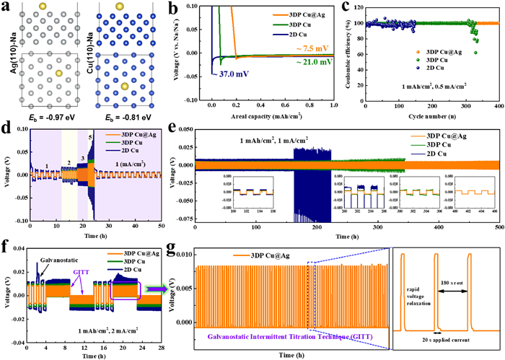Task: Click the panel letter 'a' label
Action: tap(6, 6)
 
